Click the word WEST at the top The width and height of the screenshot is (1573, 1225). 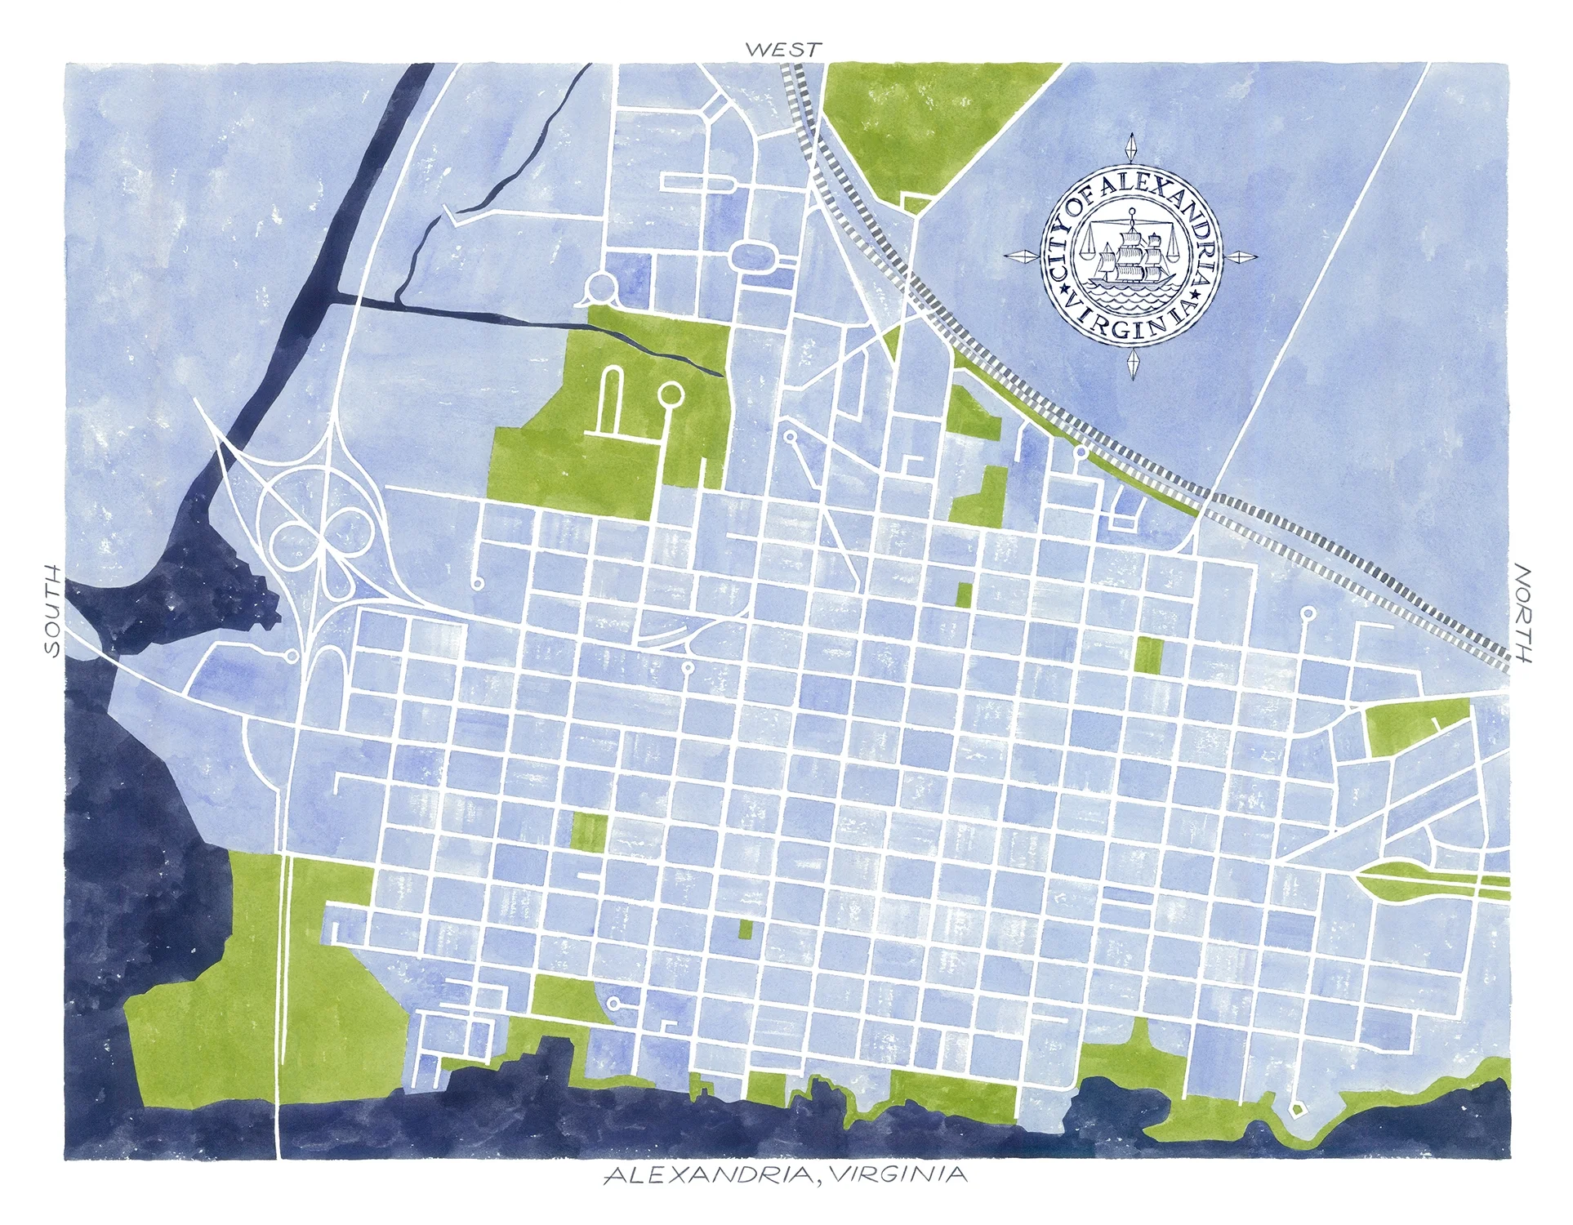(782, 50)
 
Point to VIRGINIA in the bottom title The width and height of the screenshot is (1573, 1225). (898, 1175)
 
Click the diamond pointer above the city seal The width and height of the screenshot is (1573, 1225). (1132, 148)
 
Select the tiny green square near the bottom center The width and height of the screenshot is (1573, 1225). (745, 929)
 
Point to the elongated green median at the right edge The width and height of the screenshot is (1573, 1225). (1425, 880)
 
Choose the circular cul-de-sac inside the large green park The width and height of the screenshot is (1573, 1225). (670, 394)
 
